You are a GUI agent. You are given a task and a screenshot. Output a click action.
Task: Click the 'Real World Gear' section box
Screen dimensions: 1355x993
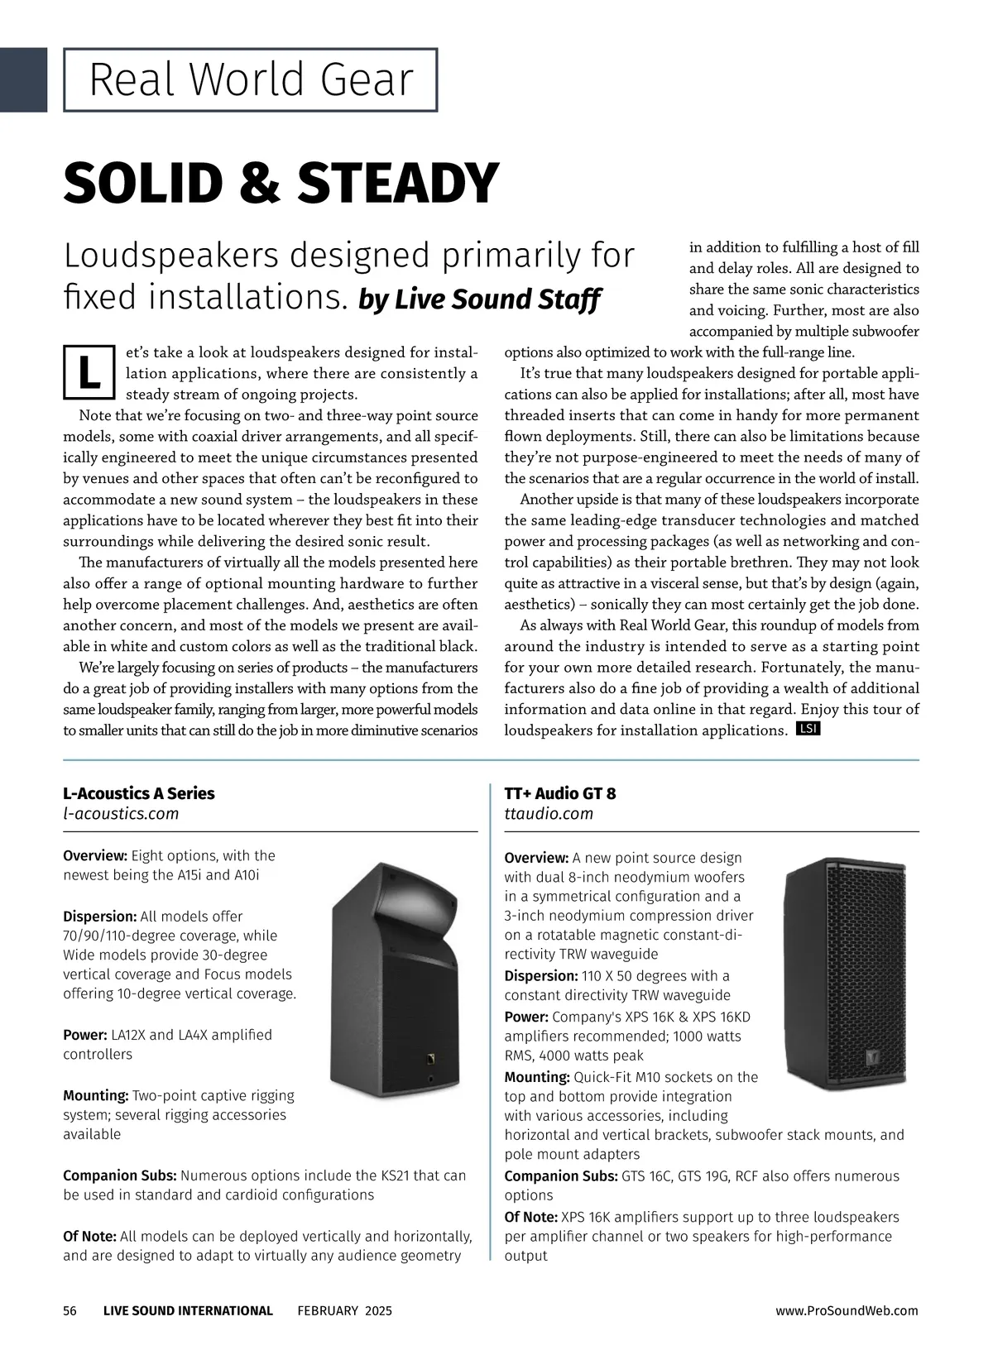pos(250,80)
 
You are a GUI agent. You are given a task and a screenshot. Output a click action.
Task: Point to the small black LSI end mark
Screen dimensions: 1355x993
pos(807,729)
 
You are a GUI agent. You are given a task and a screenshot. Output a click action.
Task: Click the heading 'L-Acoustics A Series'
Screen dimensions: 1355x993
pos(139,793)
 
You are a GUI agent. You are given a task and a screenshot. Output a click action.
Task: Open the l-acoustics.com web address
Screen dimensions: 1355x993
pos(121,813)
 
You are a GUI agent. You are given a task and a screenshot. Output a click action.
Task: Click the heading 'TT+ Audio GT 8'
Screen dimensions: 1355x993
pos(560,793)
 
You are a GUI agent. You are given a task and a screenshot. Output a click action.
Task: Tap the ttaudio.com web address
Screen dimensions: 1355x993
pos(549,813)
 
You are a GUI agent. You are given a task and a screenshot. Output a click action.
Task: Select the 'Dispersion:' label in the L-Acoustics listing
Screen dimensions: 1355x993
pos(100,917)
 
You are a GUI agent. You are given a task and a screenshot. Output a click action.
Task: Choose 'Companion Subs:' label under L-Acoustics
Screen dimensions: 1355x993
pos(120,1175)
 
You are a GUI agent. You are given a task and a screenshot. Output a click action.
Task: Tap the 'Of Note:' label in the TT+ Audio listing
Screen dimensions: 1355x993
pos(531,1217)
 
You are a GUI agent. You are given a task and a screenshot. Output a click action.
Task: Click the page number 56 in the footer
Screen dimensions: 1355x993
pos(70,1310)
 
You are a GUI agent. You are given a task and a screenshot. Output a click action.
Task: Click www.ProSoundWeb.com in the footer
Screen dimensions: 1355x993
pos(847,1310)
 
